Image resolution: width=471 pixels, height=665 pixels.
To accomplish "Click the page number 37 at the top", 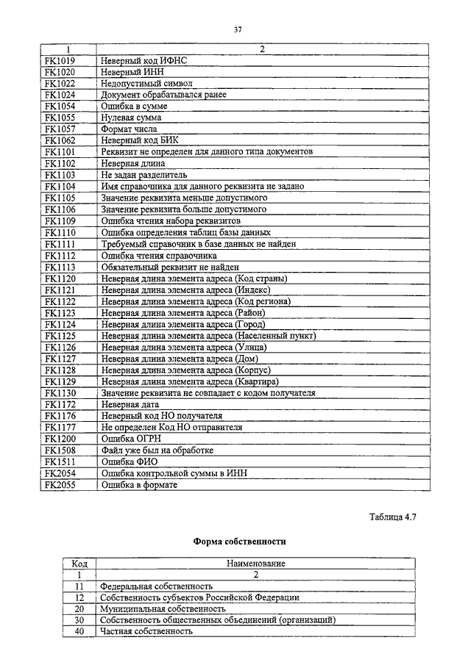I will tap(238, 29).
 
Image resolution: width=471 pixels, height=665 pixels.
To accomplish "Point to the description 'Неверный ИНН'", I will tap(132, 72).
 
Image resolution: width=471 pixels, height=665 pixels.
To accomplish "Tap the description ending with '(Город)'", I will tap(183, 323).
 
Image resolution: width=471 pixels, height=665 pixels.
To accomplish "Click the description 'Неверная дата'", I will tap(130, 404).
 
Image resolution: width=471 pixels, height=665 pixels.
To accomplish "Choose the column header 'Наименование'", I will tap(255, 564).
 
